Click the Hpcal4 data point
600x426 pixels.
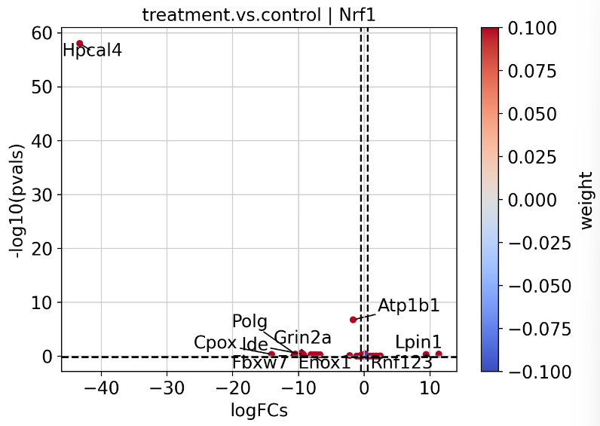tap(80, 44)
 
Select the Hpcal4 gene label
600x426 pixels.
tap(92, 51)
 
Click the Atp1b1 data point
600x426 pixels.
tap(353, 320)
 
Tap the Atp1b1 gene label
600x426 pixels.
tap(409, 305)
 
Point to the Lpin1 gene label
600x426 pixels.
tap(418, 342)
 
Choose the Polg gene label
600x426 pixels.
tap(249, 321)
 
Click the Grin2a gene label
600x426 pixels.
tap(302, 337)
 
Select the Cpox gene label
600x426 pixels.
tap(215, 342)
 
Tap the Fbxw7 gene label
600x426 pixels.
tap(259, 362)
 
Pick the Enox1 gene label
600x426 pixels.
tap(325, 362)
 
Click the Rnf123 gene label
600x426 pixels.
tap(402, 362)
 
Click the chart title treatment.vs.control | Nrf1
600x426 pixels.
tap(259, 15)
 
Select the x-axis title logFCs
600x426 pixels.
tap(259, 411)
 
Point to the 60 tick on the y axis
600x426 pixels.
tap(41, 33)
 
